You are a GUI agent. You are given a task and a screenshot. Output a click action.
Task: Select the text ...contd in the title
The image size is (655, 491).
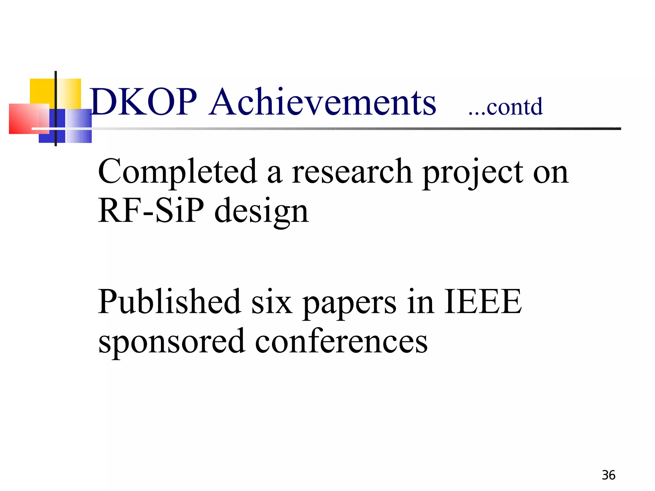click(x=506, y=107)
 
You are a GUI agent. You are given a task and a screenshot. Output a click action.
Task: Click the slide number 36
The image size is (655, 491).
click(x=608, y=475)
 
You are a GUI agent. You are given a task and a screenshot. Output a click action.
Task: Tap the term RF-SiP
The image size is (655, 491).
click(x=151, y=211)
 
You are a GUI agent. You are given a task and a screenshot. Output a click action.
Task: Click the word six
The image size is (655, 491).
click(x=272, y=302)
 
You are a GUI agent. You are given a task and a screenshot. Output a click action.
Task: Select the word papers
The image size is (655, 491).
click(x=349, y=304)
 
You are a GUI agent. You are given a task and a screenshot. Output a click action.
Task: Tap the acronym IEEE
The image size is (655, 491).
click(x=483, y=302)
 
